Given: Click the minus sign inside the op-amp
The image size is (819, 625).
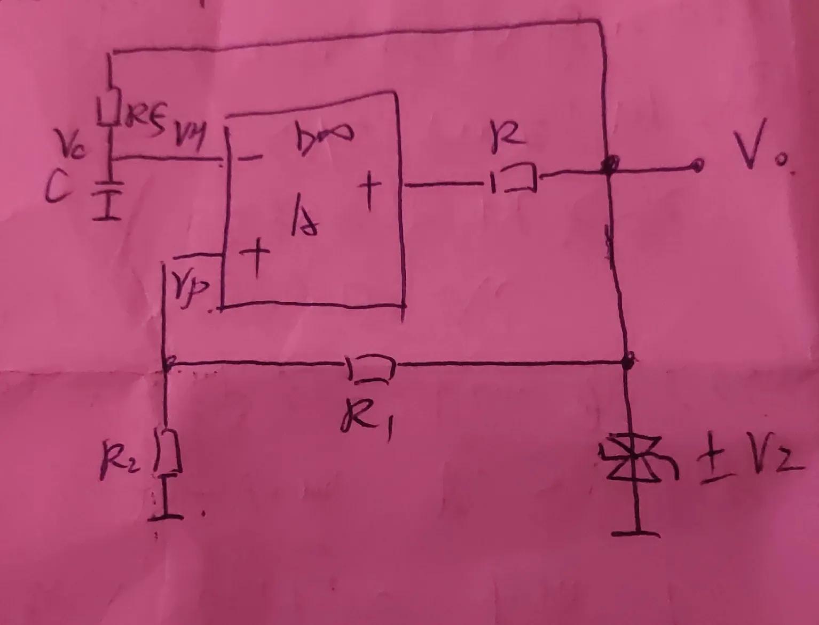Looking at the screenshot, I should (x=251, y=158).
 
